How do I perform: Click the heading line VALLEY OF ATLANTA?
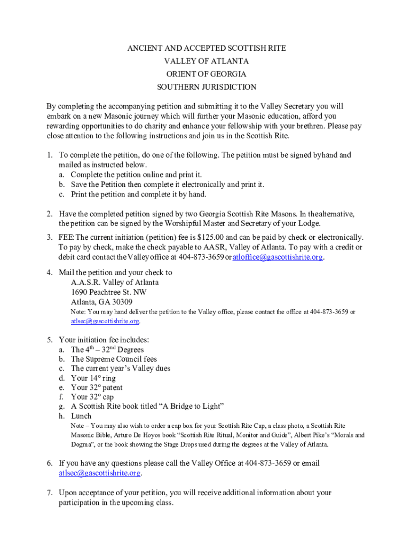206,61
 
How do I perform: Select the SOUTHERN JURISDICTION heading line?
206,87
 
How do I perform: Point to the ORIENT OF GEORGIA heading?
206,74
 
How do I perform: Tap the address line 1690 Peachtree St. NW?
108,292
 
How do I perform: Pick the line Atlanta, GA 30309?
101,302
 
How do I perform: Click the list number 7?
49,493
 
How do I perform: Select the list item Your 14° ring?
93,378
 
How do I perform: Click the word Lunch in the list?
81,416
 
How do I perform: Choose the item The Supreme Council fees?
114,359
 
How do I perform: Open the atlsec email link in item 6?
99,473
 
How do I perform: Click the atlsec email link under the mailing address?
105,321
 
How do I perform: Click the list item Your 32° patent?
96,387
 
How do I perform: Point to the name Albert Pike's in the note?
314,435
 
